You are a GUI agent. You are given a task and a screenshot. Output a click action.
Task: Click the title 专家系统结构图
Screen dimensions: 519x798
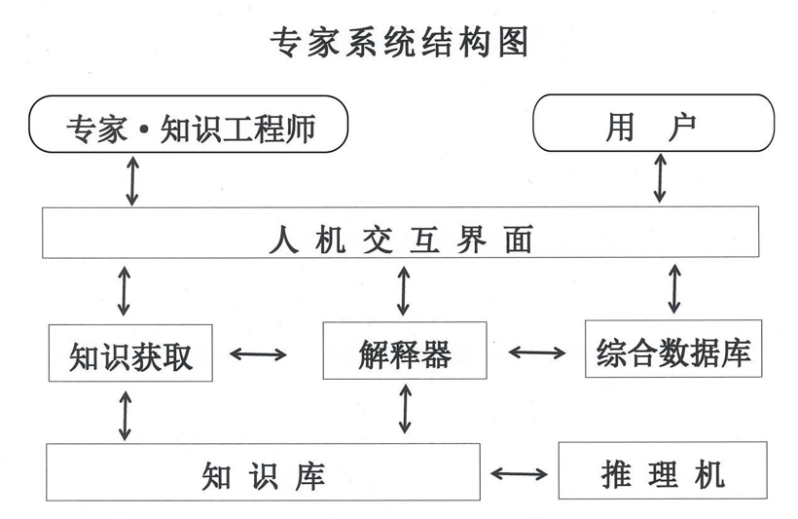tap(398, 42)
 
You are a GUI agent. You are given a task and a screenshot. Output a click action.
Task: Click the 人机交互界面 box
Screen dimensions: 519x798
tap(400, 233)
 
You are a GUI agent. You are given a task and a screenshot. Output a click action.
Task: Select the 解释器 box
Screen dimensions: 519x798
tap(404, 352)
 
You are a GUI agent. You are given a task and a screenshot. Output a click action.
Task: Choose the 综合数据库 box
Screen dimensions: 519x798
tap(673, 350)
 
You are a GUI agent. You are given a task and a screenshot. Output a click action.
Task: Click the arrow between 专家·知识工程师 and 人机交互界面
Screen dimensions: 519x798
tap(132, 180)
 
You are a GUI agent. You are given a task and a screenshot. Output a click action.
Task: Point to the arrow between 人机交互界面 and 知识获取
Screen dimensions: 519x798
tap(124, 289)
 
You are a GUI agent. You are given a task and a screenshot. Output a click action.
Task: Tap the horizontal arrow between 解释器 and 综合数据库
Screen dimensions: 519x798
tap(535, 352)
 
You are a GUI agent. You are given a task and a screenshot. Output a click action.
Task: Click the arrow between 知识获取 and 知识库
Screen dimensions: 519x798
tap(124, 414)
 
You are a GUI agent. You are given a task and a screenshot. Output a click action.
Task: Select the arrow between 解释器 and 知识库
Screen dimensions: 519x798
tap(405, 409)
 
